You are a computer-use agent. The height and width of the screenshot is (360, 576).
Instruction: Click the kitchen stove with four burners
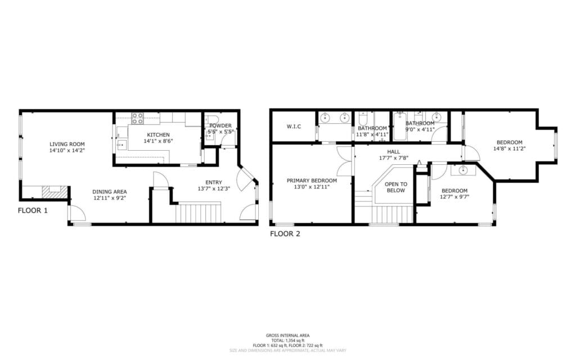137,118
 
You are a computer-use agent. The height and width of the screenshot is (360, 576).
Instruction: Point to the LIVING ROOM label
67,144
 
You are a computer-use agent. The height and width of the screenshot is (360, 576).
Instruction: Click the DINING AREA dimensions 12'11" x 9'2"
110,198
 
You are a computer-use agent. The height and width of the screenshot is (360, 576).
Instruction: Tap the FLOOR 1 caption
33,211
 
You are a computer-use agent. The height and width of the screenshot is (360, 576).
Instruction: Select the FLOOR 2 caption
285,233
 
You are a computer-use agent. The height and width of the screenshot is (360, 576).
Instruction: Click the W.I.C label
294,127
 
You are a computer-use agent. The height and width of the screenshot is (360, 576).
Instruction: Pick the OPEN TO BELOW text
395,187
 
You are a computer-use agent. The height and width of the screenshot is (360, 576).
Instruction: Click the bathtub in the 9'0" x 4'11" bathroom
400,127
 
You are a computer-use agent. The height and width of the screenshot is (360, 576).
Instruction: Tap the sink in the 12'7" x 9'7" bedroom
463,170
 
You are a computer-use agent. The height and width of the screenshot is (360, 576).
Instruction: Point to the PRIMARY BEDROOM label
312,181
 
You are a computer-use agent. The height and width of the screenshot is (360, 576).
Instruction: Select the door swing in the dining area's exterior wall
77,214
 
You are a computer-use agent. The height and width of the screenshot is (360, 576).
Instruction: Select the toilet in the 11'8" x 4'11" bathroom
363,120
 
